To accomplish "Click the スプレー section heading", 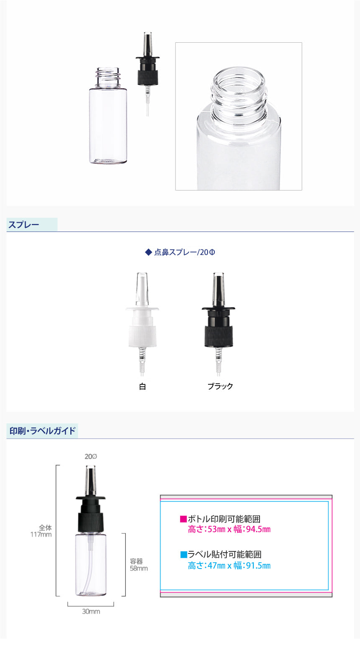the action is point(23,225).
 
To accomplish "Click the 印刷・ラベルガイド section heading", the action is point(42,431).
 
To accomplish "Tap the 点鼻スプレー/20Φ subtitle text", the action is point(185,252).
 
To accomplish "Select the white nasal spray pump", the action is point(142,324).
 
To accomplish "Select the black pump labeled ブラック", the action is point(219,324).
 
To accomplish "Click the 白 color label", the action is point(142,386).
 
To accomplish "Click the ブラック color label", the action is point(220,386).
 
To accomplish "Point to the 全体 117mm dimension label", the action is point(41,531).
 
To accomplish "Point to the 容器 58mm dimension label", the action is point(139,565).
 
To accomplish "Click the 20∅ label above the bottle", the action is point(90,457).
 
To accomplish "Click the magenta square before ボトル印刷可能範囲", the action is point(183,519).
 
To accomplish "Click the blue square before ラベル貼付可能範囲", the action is point(183,555).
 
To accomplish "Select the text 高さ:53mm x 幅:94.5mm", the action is point(229,529).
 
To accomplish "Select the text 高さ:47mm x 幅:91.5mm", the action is point(229,566).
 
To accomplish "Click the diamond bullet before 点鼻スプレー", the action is point(149,252).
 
